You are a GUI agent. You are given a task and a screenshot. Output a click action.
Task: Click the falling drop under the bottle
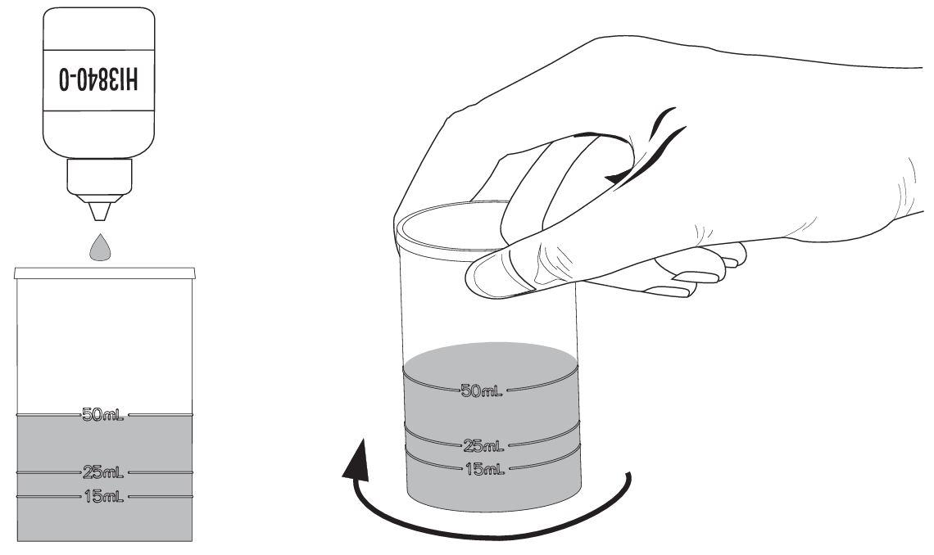tap(100, 249)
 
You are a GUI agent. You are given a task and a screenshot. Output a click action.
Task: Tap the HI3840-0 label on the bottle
tap(99, 79)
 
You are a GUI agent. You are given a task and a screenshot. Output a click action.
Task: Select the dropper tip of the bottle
tap(99, 211)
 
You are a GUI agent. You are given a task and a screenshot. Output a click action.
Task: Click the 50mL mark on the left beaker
tap(103, 415)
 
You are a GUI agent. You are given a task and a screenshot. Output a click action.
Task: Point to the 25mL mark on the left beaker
tap(103, 473)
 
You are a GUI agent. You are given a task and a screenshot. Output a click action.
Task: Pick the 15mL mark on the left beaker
tap(104, 496)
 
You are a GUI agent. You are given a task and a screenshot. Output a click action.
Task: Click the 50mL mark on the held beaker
tap(481, 390)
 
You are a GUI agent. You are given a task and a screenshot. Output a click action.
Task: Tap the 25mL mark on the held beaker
tap(483, 445)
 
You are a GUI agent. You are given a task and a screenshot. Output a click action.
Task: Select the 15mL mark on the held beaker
tap(485, 469)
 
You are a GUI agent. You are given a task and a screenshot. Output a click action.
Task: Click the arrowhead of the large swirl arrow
tap(356, 459)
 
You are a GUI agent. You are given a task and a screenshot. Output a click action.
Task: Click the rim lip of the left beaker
tap(105, 273)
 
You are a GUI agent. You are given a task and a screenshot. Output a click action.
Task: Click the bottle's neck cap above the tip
tap(99, 177)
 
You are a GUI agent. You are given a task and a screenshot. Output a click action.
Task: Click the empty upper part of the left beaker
tap(105, 345)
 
